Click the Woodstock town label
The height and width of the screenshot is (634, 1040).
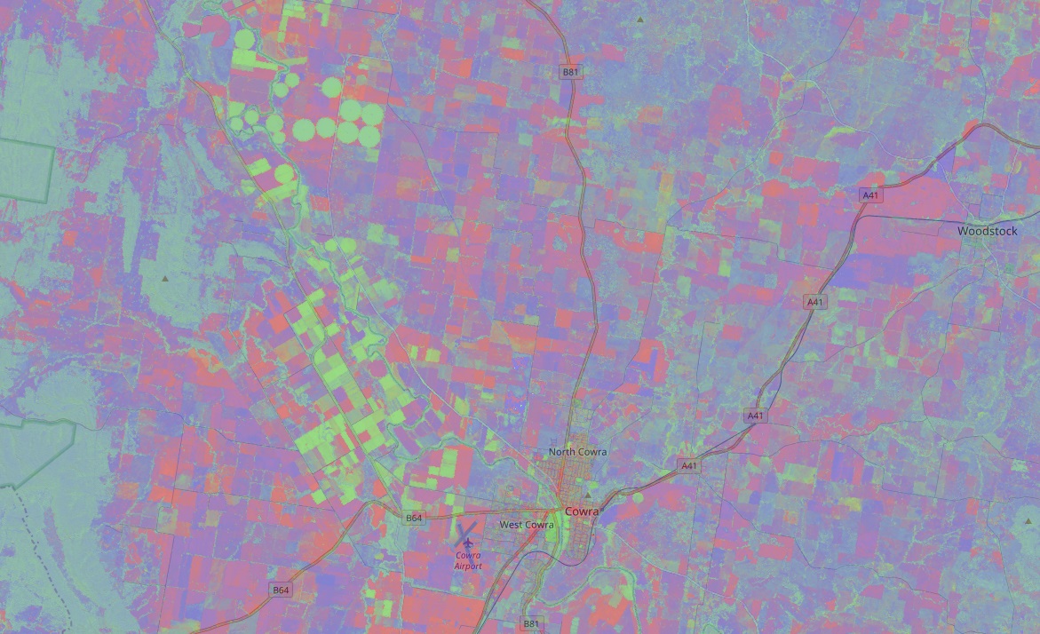[x=987, y=231]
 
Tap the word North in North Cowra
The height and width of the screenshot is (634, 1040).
[x=562, y=452]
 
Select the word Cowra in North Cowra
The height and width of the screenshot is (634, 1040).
[x=592, y=452]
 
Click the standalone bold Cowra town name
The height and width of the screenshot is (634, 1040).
[x=582, y=511]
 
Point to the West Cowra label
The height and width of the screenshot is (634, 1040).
[x=527, y=525]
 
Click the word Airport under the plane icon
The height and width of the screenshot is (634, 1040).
[x=468, y=566]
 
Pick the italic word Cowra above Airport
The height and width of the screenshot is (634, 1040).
[x=468, y=556]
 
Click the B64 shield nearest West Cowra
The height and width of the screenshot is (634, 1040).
[x=414, y=518]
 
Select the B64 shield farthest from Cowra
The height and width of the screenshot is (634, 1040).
[x=281, y=590]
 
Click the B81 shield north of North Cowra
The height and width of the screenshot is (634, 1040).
[x=571, y=71]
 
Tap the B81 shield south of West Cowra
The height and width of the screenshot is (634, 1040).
[x=530, y=623]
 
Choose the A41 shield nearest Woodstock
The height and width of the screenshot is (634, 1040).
[x=870, y=195]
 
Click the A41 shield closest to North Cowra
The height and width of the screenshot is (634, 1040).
[x=689, y=465]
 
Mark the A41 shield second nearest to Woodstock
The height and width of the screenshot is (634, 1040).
[x=814, y=302]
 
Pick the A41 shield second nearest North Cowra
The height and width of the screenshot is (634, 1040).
[x=755, y=415]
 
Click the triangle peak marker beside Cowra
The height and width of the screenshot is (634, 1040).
[x=587, y=495]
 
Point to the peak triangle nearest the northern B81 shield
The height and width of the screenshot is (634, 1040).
[x=639, y=19]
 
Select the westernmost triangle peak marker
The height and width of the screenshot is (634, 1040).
[x=165, y=279]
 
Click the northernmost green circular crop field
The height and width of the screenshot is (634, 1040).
[x=244, y=38]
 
